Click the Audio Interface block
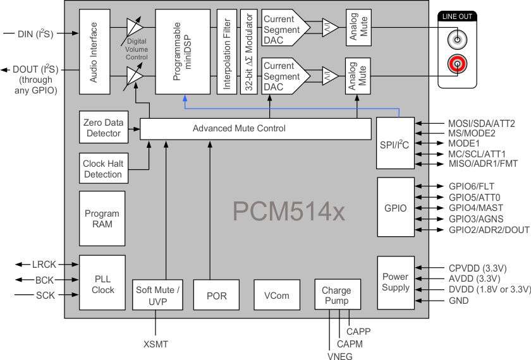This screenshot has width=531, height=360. tap(94, 52)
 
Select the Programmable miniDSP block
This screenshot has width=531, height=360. tap(183, 52)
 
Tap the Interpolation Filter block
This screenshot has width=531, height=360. tap(226, 52)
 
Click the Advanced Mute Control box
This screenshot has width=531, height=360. tap(255, 129)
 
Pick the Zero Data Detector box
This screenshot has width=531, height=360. tap(102, 128)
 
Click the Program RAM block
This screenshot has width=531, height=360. tap(102, 219)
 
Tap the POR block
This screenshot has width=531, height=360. tap(217, 296)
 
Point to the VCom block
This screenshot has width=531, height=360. tap(277, 296)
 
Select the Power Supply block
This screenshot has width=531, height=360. tap(396, 282)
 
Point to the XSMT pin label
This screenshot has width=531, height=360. tap(156, 344)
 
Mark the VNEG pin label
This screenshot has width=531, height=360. tap(340, 355)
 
